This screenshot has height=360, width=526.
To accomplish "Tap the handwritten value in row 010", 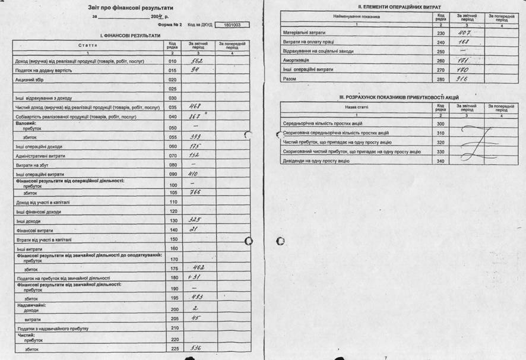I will coord(196,61).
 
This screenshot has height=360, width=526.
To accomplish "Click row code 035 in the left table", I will coord(173,107).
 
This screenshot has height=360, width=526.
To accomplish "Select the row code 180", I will coord(173,277).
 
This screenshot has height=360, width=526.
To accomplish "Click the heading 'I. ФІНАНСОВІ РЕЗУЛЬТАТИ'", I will coord(129,36).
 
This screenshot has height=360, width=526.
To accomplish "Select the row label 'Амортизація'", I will coord(294,60).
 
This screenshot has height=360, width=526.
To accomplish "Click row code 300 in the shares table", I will coord(440,123).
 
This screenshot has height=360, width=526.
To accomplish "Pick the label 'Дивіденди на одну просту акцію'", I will coord(314,162).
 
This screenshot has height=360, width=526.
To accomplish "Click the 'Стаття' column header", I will coord(88,45).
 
